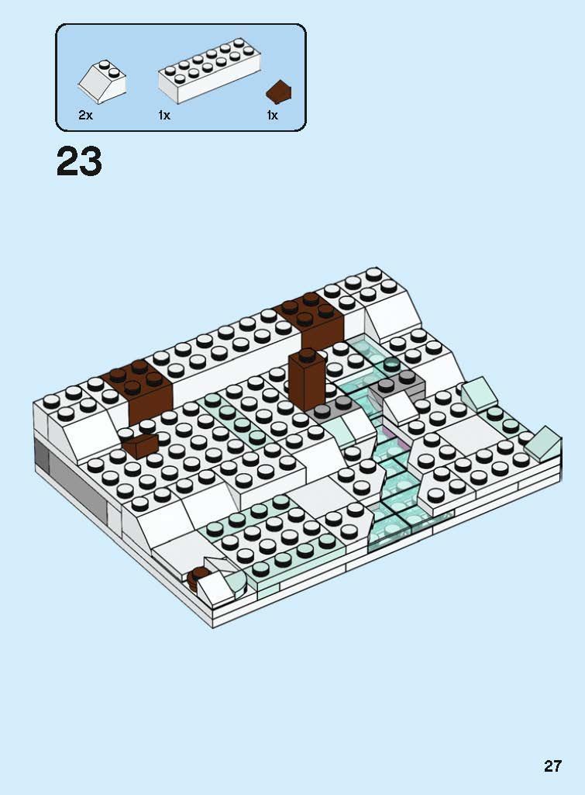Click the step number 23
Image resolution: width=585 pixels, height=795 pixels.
click(x=79, y=162)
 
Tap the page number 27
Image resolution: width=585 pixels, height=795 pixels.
click(x=552, y=766)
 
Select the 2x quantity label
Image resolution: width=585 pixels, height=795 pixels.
click(x=85, y=115)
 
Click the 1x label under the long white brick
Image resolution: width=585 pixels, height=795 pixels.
click(x=164, y=115)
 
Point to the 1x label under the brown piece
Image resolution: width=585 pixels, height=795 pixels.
click(x=272, y=115)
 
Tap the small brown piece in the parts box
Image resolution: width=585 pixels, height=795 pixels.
click(x=279, y=92)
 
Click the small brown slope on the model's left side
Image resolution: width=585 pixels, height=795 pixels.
click(x=140, y=445)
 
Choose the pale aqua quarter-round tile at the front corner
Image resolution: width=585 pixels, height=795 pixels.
click(x=237, y=577)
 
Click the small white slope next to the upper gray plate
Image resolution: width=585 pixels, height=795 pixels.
click(x=398, y=408)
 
